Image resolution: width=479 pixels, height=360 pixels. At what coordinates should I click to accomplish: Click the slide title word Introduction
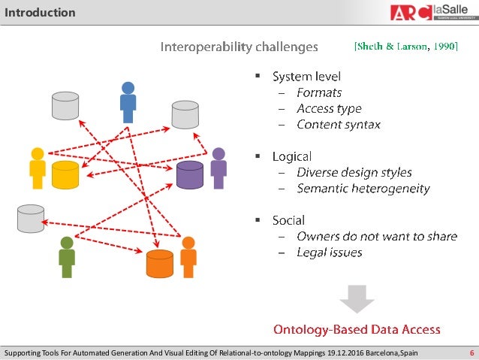(x=41, y=12)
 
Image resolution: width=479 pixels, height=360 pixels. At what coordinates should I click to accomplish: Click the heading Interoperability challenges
(x=239, y=47)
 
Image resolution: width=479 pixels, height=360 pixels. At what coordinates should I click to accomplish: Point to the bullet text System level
(x=306, y=76)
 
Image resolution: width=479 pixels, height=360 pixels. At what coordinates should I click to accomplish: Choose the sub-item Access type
(x=329, y=108)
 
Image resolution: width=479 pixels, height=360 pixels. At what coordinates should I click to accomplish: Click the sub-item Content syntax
(x=339, y=124)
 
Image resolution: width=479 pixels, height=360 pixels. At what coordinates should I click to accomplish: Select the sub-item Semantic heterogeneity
(x=363, y=189)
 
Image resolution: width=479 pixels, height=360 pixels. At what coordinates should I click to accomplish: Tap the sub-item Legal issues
(x=330, y=253)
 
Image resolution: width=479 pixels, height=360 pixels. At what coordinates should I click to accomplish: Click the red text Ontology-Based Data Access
(x=356, y=330)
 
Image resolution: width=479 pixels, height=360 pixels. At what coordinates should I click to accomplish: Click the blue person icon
(x=128, y=101)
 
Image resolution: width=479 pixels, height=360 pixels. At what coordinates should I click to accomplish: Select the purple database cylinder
(x=189, y=174)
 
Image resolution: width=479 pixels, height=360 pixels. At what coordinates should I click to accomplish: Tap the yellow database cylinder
(x=65, y=174)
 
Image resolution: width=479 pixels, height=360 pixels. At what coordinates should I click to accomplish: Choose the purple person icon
(x=218, y=168)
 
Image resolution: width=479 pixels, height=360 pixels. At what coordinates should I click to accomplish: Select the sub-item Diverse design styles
(x=354, y=172)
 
